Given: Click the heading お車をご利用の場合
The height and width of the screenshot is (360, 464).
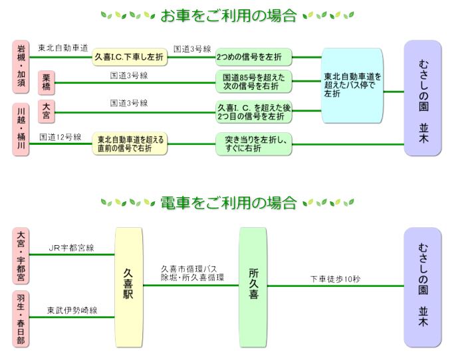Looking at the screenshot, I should [228, 15].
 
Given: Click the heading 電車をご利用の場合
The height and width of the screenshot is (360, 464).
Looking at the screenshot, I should [228, 202].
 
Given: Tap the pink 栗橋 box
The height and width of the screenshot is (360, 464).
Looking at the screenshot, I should [46, 83].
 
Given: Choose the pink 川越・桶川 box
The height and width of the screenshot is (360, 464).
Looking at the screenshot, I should [22, 129].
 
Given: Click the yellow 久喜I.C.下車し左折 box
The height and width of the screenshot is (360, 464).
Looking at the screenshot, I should [130, 58].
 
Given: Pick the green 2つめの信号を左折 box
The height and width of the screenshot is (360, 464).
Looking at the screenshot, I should [253, 58].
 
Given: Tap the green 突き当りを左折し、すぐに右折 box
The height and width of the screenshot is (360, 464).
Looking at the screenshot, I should [253, 143].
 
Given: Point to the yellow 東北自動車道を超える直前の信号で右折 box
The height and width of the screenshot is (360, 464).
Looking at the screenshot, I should [130, 143].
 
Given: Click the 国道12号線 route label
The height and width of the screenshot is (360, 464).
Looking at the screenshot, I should [60, 137].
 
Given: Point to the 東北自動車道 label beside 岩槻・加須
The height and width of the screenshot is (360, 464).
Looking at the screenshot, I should [62, 48].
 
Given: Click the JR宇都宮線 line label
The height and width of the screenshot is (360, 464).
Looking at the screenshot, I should [72, 248].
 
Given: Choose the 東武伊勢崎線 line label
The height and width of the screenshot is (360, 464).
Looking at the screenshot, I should [72, 310].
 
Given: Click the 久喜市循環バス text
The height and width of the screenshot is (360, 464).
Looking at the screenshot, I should [189, 268].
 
